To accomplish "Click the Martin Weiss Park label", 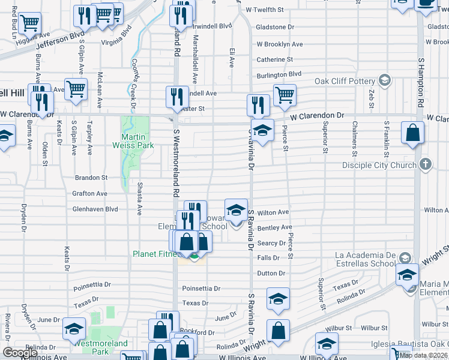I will [x=133, y=141].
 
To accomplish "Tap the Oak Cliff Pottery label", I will [x=345, y=81].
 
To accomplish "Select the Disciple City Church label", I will [x=379, y=165].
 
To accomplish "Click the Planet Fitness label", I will [x=154, y=254].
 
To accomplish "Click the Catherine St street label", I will [x=275, y=59].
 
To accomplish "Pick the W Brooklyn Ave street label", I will [x=280, y=44].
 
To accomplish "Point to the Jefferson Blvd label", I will [x=60, y=44].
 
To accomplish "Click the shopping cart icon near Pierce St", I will [x=285, y=95].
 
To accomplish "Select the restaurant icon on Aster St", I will [x=176, y=97].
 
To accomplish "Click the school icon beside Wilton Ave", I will [x=237, y=209].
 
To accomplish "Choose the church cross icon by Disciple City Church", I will [x=425, y=164].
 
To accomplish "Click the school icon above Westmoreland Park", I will [x=74, y=328].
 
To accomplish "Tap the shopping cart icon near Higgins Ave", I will [x=29, y=23].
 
